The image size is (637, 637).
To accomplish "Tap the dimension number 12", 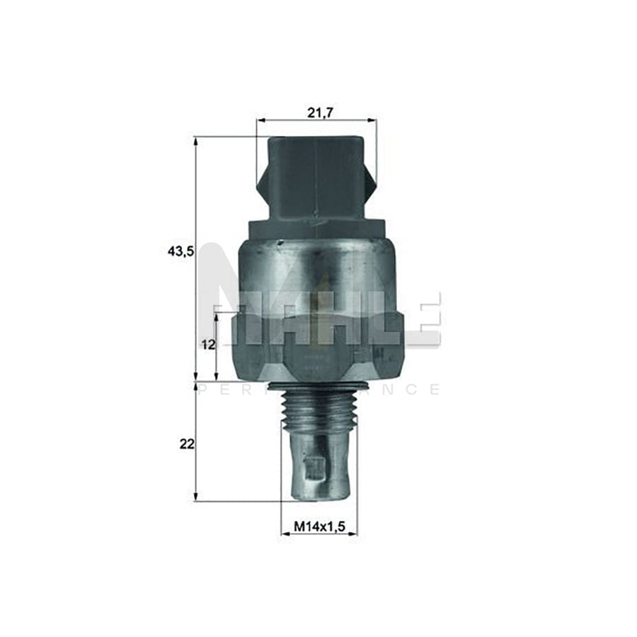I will point(207,345).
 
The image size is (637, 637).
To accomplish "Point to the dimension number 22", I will point(186,444).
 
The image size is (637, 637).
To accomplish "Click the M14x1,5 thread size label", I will point(318,527).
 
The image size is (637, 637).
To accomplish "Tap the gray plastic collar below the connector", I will point(316,228).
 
